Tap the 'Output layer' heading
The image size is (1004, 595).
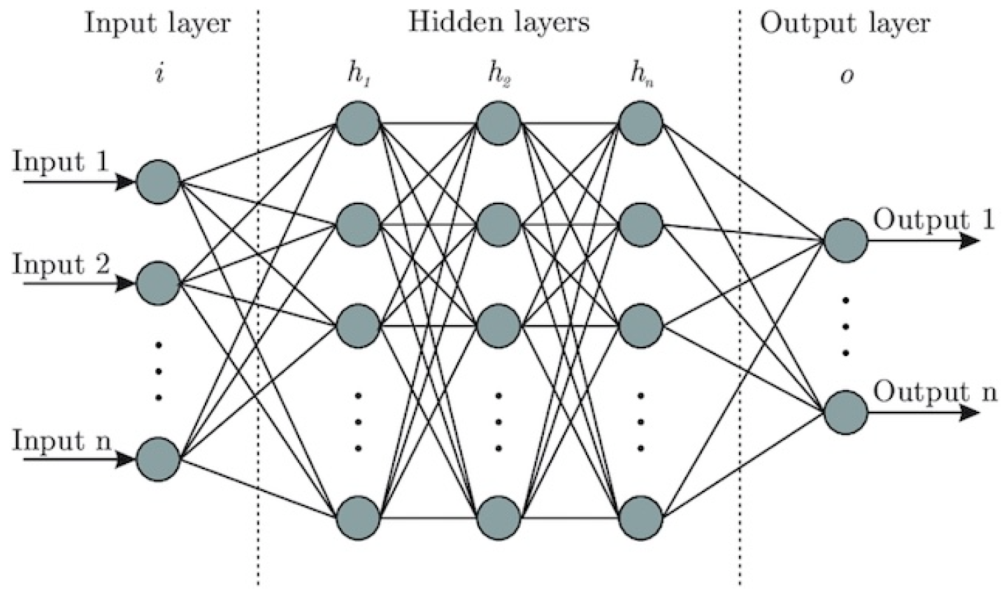pos(845,23)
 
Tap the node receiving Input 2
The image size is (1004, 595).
pos(159,283)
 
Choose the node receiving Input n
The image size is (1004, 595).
pos(159,460)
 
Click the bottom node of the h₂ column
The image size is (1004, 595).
pos(499,517)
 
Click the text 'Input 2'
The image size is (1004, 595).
pos(61,265)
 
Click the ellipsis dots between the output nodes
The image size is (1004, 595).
pos(846,327)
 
